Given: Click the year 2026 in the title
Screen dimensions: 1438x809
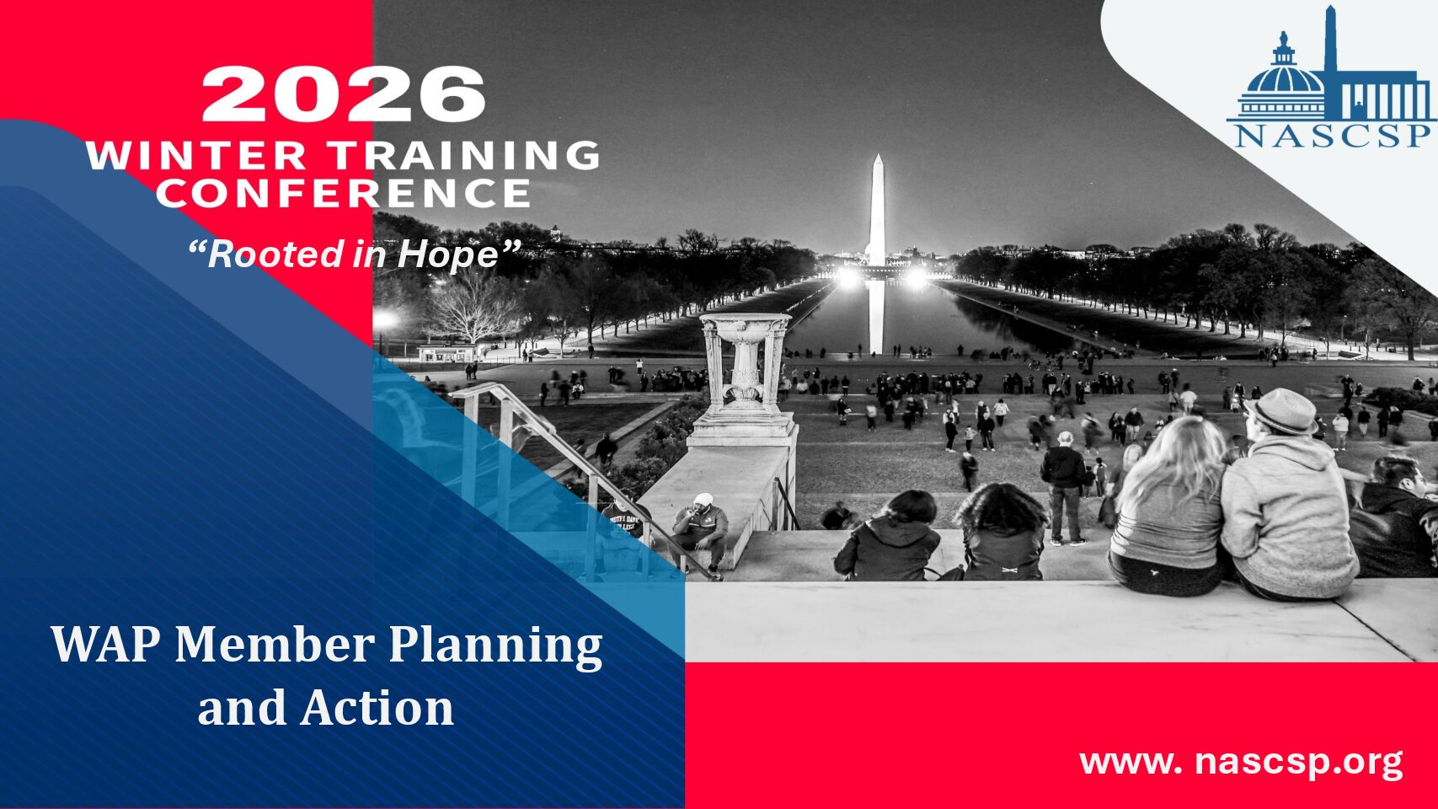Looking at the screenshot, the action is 344,94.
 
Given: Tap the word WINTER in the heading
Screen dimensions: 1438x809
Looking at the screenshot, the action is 196,155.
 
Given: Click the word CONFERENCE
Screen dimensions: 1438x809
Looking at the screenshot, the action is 344,193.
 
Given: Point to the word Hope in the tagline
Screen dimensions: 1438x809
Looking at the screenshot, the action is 448,254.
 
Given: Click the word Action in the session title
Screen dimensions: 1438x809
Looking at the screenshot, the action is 378,708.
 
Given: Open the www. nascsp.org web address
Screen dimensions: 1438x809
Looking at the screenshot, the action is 1240,763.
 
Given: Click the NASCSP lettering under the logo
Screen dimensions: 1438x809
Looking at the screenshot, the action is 1332,137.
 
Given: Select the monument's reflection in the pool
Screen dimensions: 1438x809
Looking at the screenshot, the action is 876,317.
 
